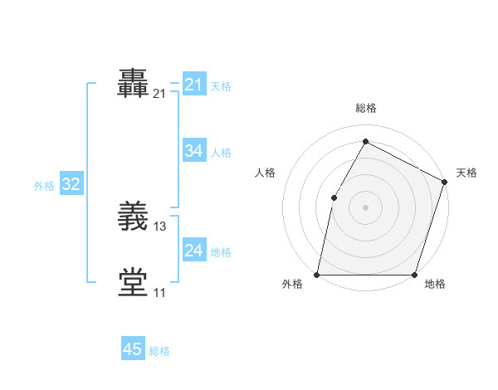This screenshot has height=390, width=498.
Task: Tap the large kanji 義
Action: click(134, 217)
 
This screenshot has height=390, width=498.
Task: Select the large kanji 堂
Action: click(134, 282)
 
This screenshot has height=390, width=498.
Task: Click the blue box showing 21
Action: click(193, 85)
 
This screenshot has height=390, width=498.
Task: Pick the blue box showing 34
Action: click(193, 151)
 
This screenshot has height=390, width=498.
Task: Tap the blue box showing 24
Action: click(193, 251)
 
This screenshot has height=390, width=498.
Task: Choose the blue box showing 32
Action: click(71, 184)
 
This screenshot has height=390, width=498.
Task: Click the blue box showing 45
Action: click(133, 349)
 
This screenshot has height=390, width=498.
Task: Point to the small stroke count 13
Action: click(160, 227)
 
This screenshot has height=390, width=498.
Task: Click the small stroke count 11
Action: click(159, 292)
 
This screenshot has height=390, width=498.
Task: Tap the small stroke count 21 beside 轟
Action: click(159, 95)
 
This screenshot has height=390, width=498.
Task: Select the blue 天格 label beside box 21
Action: click(221, 86)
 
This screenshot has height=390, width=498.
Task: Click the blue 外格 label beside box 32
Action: click(44, 186)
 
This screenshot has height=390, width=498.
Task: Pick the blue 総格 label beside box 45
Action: click(159, 351)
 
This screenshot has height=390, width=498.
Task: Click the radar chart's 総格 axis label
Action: click(365, 108)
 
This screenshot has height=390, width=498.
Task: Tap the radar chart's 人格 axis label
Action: click(266, 173)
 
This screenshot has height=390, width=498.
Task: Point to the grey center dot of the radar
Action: click(365, 207)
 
